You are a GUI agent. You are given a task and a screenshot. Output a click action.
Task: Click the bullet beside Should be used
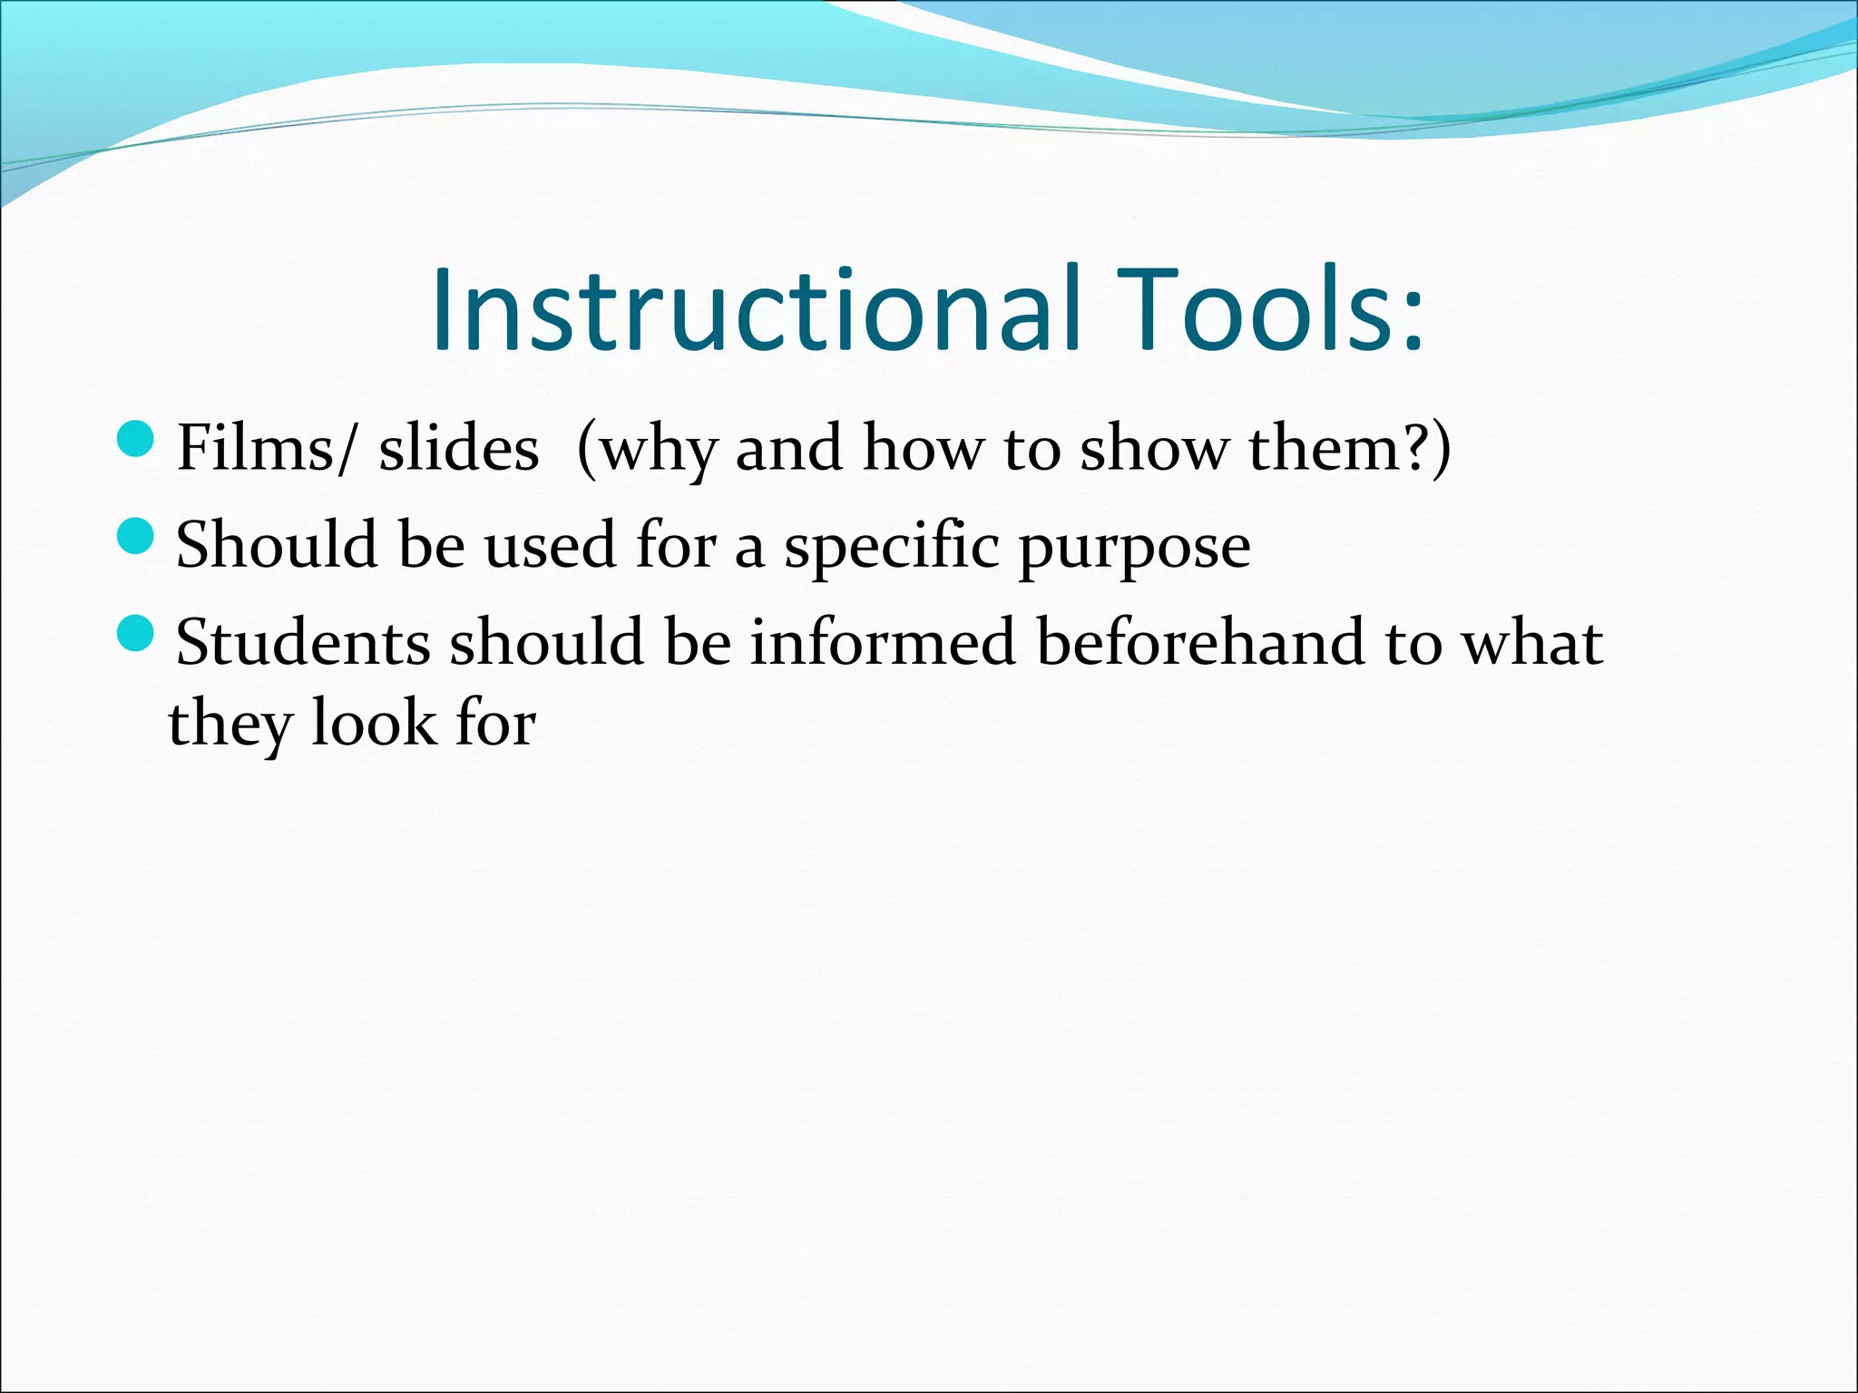coord(137,537)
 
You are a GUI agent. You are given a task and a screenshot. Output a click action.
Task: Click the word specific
coord(892,547)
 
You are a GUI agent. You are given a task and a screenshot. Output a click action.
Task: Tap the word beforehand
coord(1200,641)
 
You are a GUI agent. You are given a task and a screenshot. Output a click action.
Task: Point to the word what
coord(1533,641)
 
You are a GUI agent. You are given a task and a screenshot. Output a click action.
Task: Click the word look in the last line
coord(373,723)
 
